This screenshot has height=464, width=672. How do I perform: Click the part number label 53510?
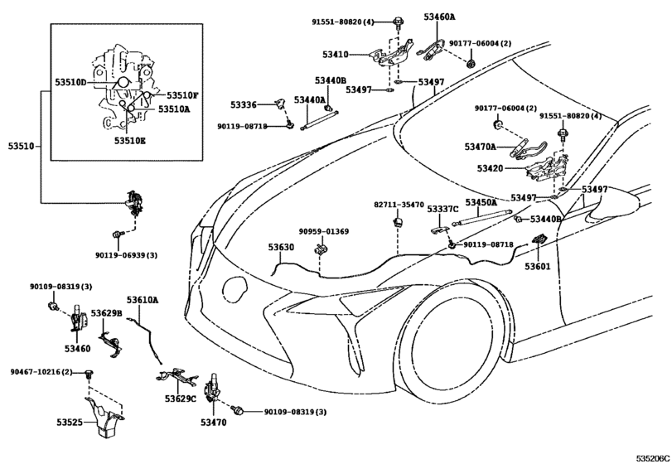(x=21, y=146)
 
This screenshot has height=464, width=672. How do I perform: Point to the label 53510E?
(x=129, y=141)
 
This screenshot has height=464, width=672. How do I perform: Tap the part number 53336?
(x=243, y=105)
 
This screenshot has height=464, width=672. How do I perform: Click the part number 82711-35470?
(x=398, y=204)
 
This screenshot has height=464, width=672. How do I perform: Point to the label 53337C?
(x=442, y=209)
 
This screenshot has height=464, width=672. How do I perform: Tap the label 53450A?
(x=481, y=202)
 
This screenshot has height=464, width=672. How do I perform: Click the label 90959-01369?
(x=323, y=232)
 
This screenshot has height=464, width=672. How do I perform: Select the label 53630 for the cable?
(x=280, y=247)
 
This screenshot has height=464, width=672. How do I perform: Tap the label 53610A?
(x=143, y=299)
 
